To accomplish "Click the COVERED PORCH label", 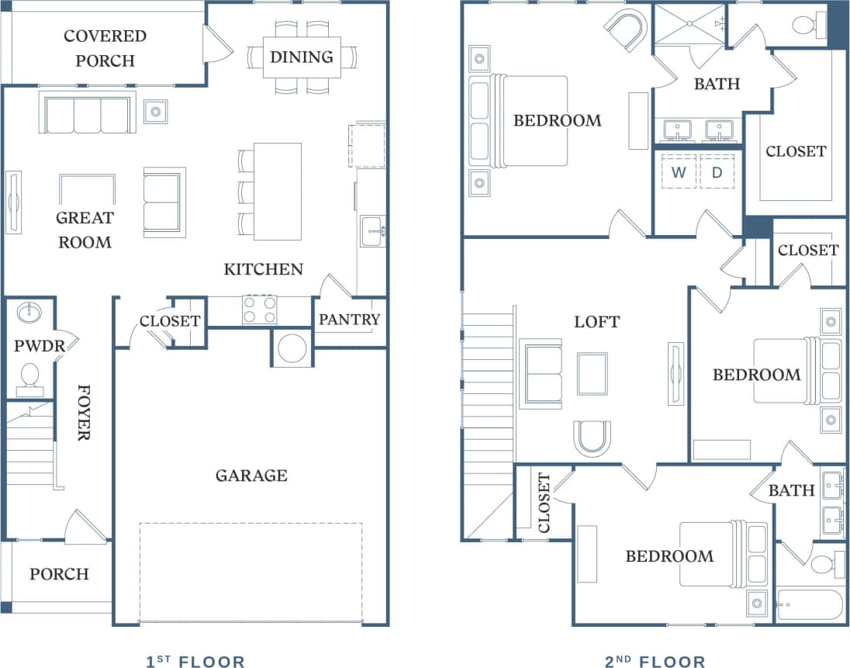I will [x=105, y=48].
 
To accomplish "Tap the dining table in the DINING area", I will [x=302, y=57].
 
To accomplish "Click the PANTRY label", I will [x=350, y=319].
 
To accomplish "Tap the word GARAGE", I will [x=251, y=475].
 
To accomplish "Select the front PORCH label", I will [x=59, y=574].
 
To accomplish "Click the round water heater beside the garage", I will [x=292, y=348].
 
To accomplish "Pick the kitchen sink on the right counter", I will [x=371, y=231].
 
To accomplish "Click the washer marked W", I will [x=679, y=171].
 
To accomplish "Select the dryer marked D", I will [x=717, y=171].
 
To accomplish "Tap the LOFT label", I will [x=597, y=321].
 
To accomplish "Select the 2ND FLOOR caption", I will [x=655, y=661].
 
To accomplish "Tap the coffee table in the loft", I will [x=593, y=373].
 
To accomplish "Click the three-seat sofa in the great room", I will [x=87, y=115].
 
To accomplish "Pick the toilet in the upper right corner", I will [x=807, y=26].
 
